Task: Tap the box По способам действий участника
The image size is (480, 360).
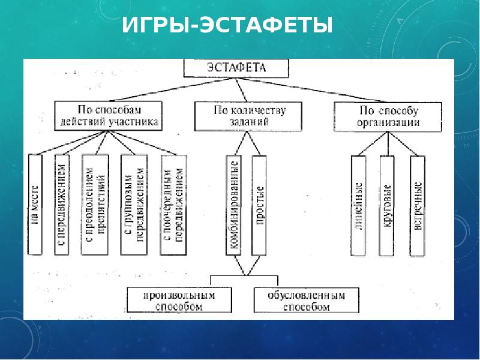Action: pos(108,116)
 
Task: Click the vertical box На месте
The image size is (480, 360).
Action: pos(35,204)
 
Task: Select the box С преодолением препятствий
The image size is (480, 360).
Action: pos(95,204)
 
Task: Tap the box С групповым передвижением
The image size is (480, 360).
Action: pos(134,204)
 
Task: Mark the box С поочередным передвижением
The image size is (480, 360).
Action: pos(173,204)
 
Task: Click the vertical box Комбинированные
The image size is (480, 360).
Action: pos(233,204)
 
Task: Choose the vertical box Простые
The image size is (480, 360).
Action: pos(259,204)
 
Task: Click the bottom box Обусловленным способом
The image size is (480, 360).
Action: pos(307,300)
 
